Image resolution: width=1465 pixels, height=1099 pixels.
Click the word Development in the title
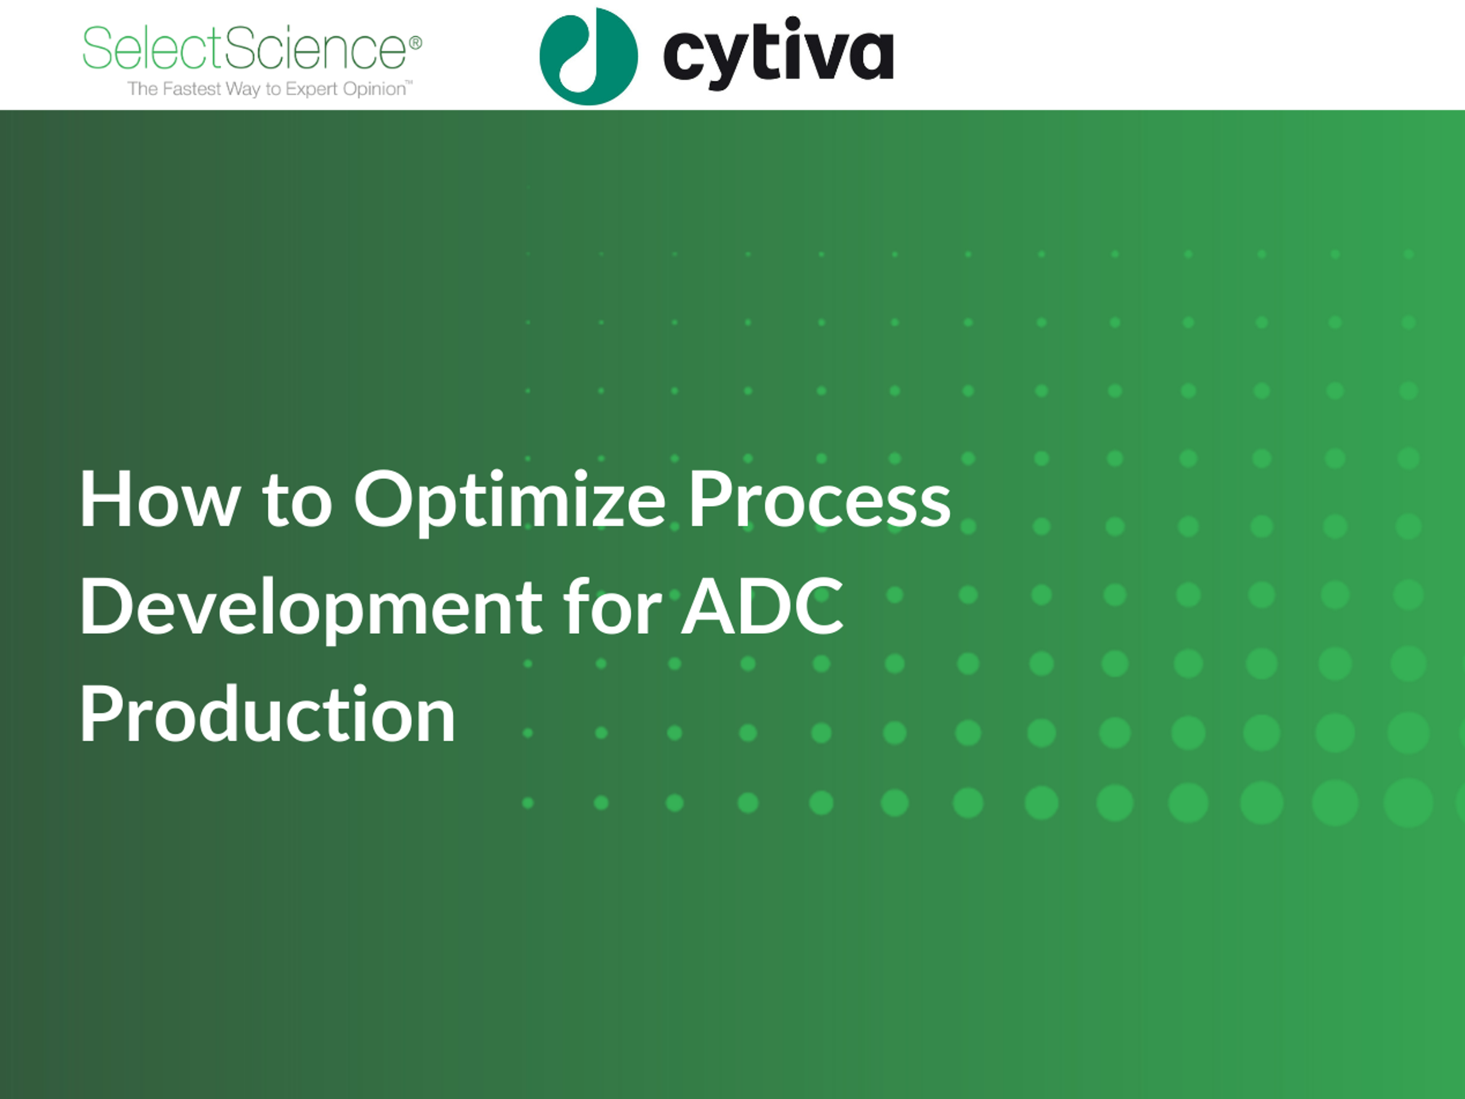[x=310, y=609]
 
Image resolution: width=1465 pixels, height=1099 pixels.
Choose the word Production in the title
[x=267, y=714]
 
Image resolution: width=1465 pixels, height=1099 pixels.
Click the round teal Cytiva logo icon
[x=589, y=56]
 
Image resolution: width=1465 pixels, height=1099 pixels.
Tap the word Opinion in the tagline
[x=374, y=89]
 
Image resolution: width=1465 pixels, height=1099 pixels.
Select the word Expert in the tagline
[x=311, y=89]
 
